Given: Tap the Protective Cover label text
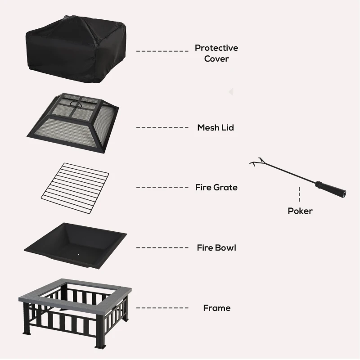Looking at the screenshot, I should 216,53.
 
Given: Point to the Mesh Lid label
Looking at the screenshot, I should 216,128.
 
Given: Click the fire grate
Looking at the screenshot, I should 74,186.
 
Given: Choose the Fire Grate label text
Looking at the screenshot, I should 216,187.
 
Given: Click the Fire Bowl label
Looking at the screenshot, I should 216,247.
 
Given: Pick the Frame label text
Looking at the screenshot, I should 216,308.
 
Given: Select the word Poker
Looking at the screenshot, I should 300,211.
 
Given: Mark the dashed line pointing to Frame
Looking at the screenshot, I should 162,308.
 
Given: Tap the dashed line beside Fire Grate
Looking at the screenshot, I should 162,187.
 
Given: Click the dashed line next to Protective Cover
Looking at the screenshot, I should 162,51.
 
